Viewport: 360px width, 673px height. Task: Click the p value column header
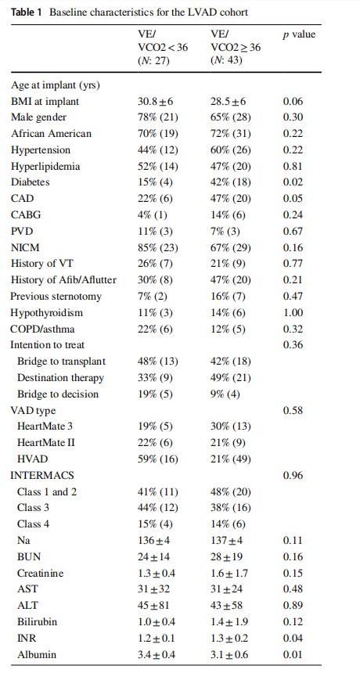(x=299, y=35)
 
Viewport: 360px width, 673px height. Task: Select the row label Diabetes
(x=30, y=182)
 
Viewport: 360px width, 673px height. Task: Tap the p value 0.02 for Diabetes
(x=293, y=182)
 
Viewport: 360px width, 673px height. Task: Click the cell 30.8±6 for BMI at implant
(x=156, y=101)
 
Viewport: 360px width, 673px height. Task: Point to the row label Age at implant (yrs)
(x=55, y=85)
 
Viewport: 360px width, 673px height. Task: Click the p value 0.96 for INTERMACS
(x=293, y=475)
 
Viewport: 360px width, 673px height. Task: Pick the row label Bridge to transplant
(x=61, y=362)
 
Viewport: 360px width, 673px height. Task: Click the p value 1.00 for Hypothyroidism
(x=293, y=312)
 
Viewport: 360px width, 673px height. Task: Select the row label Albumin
(x=37, y=654)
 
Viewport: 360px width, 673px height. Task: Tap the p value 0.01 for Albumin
(x=293, y=654)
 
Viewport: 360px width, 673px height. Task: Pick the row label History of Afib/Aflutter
(x=63, y=280)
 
